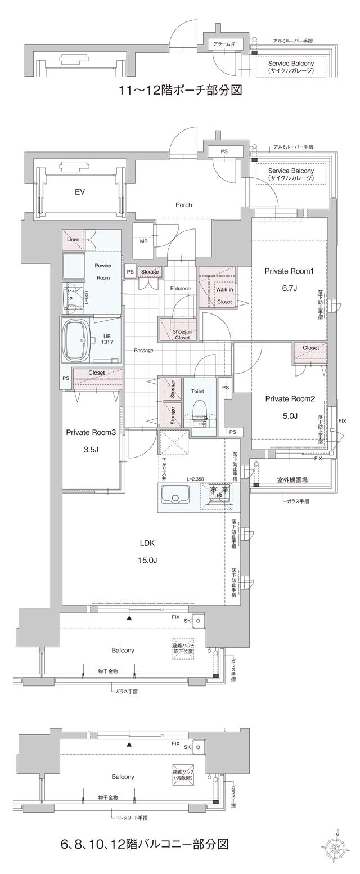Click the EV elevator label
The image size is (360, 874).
tap(79, 192)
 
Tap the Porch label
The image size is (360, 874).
tap(183, 205)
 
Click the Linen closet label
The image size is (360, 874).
tap(73, 240)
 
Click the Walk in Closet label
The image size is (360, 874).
tap(224, 295)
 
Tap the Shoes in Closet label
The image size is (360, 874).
tap(182, 334)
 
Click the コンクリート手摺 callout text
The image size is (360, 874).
tap(131, 817)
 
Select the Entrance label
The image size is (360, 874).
tap(180, 288)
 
